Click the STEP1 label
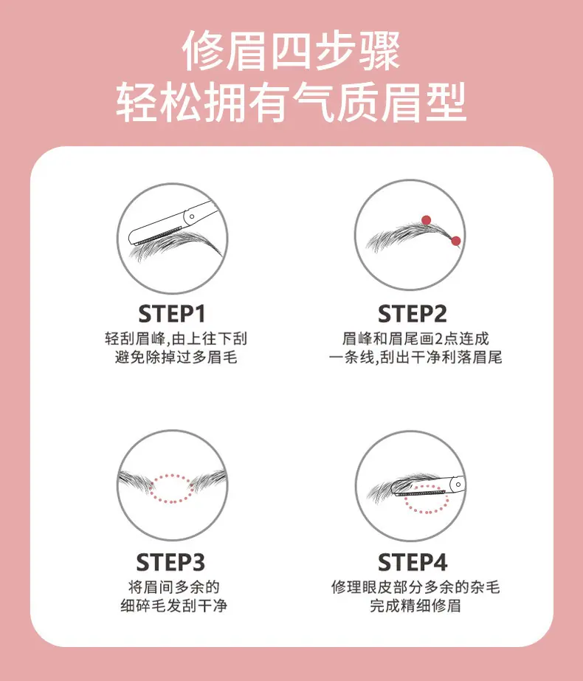[x=172, y=314]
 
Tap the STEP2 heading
[x=412, y=314]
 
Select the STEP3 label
[x=170, y=562]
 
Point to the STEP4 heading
[x=413, y=562]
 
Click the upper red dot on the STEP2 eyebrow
[x=427, y=220]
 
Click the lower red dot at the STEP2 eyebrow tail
[x=455, y=241]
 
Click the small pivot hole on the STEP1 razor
[x=192, y=216]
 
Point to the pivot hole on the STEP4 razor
[x=458, y=485]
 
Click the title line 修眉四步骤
[x=291, y=51]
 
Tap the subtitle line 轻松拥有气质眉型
[x=291, y=103]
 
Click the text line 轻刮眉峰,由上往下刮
[x=176, y=339]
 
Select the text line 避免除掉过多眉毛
[x=176, y=357]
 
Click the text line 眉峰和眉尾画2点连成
[x=415, y=339]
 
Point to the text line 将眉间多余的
[x=173, y=587]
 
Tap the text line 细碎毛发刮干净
[x=173, y=606]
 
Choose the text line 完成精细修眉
[x=415, y=606]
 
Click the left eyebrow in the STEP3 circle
[x=135, y=481]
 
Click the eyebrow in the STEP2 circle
[x=408, y=236]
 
